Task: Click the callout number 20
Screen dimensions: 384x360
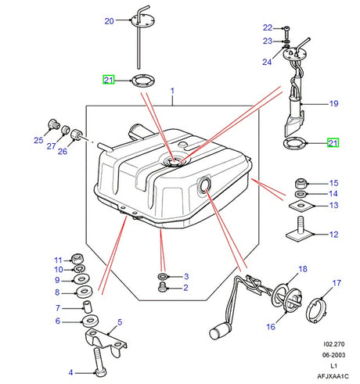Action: [109, 21]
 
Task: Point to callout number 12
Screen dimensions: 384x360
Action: [333, 234]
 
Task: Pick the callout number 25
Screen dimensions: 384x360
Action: [38, 141]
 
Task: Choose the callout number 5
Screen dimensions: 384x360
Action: [120, 321]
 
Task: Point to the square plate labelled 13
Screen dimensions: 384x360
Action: [301, 206]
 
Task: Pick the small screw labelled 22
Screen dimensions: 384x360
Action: [289, 28]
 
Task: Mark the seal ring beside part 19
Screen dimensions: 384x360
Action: [294, 143]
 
